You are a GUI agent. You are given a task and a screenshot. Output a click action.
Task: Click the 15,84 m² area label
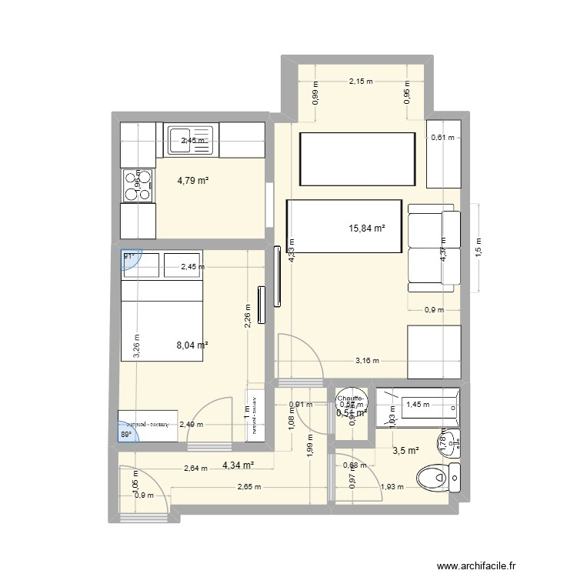367,228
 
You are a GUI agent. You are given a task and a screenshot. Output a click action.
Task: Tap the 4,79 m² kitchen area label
194,182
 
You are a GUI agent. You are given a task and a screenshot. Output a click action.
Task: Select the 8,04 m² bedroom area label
192,346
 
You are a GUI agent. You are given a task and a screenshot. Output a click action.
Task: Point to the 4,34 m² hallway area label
238,465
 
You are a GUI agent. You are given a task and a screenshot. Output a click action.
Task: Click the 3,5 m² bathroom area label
406,451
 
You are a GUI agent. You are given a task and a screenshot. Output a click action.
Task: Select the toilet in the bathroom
439,479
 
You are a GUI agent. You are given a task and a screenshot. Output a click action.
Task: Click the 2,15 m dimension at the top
360,81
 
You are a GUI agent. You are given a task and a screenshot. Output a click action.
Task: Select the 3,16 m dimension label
367,360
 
